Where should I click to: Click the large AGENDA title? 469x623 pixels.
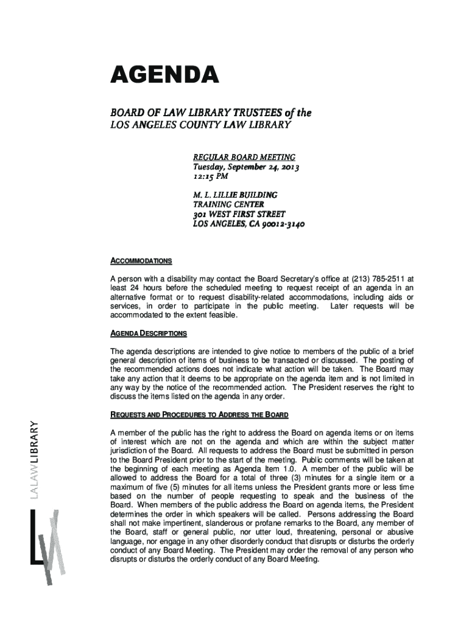coord(164,77)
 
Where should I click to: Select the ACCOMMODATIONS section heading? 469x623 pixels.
coord(140,261)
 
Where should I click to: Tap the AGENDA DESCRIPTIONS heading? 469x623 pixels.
coord(148,333)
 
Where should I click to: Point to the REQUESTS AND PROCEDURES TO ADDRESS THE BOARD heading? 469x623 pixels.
coord(199,414)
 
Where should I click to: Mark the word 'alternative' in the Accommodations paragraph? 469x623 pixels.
coord(129,297)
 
